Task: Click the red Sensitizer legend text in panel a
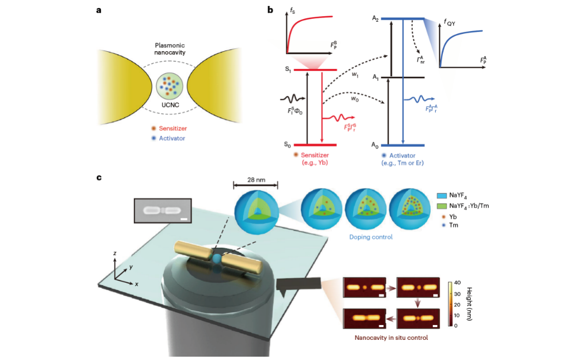point(173,128)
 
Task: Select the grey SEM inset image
point(163,211)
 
